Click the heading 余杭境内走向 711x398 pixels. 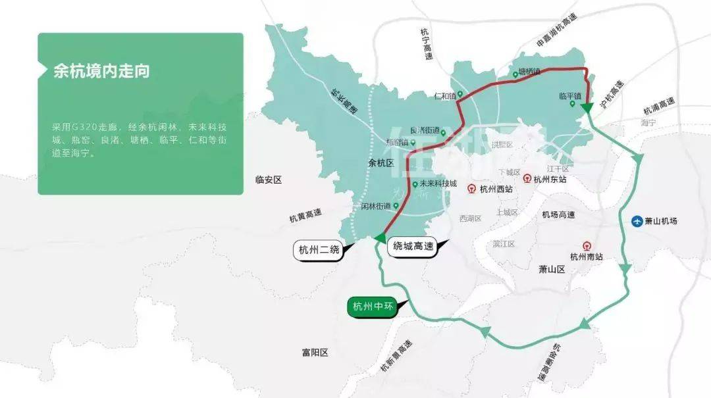click(101, 71)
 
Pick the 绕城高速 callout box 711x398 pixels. click(414, 247)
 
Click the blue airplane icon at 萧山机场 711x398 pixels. click(637, 221)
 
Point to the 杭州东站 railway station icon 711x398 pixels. click(527, 178)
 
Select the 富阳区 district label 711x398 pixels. click(315, 353)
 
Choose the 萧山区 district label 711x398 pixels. click(552, 268)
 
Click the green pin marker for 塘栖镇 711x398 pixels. click(515, 75)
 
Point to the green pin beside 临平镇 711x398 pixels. click(572, 104)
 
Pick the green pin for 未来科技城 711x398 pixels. click(415, 185)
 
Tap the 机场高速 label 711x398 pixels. click(558, 214)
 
